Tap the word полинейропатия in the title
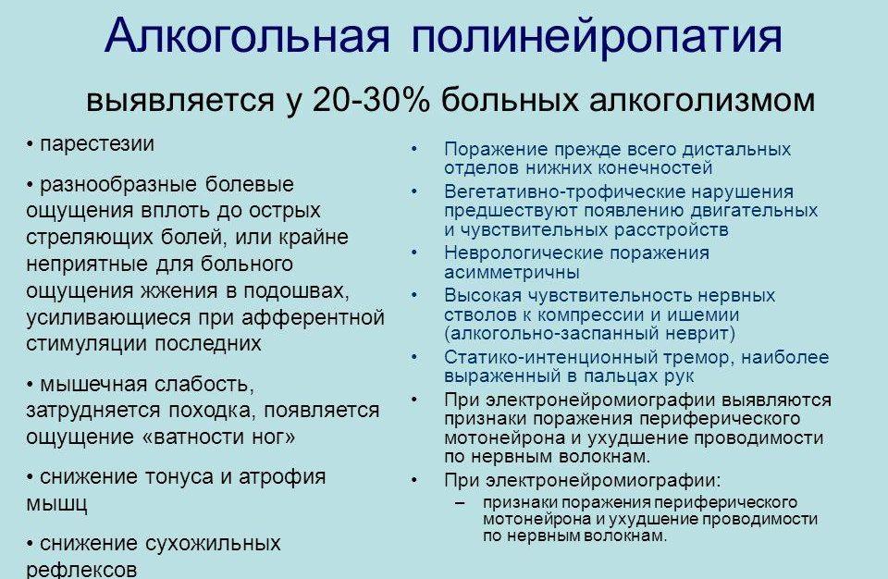(597, 38)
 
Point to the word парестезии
(97, 145)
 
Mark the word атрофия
(281, 477)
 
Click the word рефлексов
(83, 570)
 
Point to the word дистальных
(737, 149)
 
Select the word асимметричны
(512, 273)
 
